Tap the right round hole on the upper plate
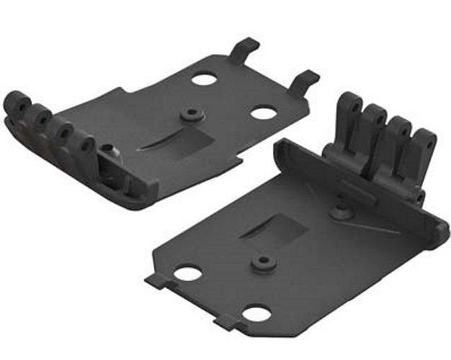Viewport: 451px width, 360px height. click(x=262, y=112)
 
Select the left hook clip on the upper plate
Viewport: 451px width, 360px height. click(x=244, y=49)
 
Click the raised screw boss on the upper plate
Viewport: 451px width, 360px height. click(x=191, y=114)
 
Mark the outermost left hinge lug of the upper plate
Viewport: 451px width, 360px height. click(x=14, y=104)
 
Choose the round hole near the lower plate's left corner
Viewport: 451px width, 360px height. click(x=187, y=274)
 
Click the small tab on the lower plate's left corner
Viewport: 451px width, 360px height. click(x=154, y=279)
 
